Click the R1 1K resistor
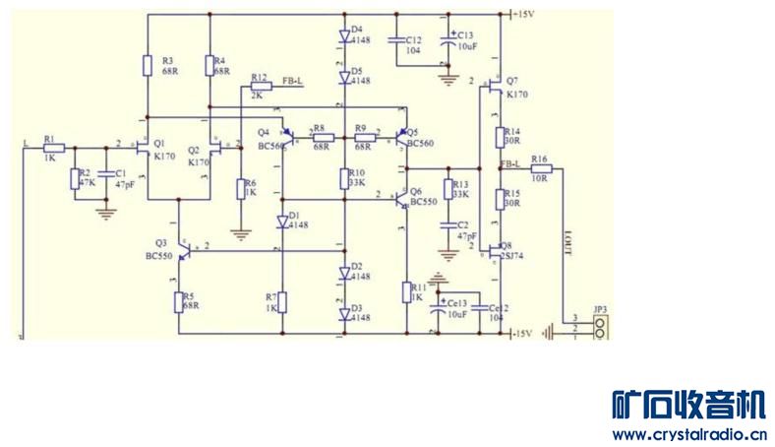[54, 148]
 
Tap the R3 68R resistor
[147, 66]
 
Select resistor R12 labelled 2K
[261, 86]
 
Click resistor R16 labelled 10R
[540, 169]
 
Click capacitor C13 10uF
[447, 41]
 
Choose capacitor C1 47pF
[104, 178]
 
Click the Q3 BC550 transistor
[180, 253]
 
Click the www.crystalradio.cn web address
[687, 432]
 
